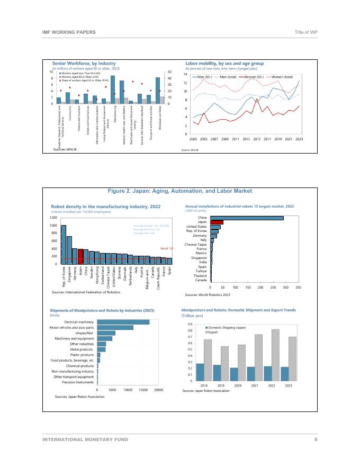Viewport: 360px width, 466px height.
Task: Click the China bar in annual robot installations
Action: (247, 218)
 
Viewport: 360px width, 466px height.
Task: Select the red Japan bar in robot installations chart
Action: (217, 222)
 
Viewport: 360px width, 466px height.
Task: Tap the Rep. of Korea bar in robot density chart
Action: (64, 244)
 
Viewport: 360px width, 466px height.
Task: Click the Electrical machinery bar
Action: (123, 322)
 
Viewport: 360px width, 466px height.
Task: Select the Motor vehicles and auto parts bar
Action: (115, 328)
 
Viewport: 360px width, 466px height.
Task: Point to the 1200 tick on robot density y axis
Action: (53, 218)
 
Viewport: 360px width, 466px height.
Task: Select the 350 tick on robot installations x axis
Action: (298, 287)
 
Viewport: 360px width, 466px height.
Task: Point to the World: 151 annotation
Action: (167, 248)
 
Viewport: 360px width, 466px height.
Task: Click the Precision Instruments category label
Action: (78, 382)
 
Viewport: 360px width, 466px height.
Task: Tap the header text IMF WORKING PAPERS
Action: (69, 32)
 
